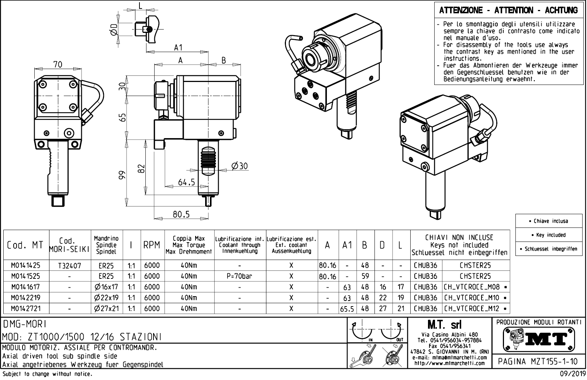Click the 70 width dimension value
coord(58,64)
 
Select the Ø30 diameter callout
coord(239,166)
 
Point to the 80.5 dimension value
coord(181,214)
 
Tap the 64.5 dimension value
coord(186,182)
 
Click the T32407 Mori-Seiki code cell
coord(70,265)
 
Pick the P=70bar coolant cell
coord(240,276)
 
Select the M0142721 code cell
coord(25,308)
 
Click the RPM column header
coord(152,245)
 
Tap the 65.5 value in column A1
coord(347,309)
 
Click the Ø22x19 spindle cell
coord(106,298)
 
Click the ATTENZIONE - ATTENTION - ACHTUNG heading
coord(508,10)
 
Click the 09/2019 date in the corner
coord(572,374)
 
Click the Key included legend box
coord(550,235)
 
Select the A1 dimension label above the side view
coord(178,48)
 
